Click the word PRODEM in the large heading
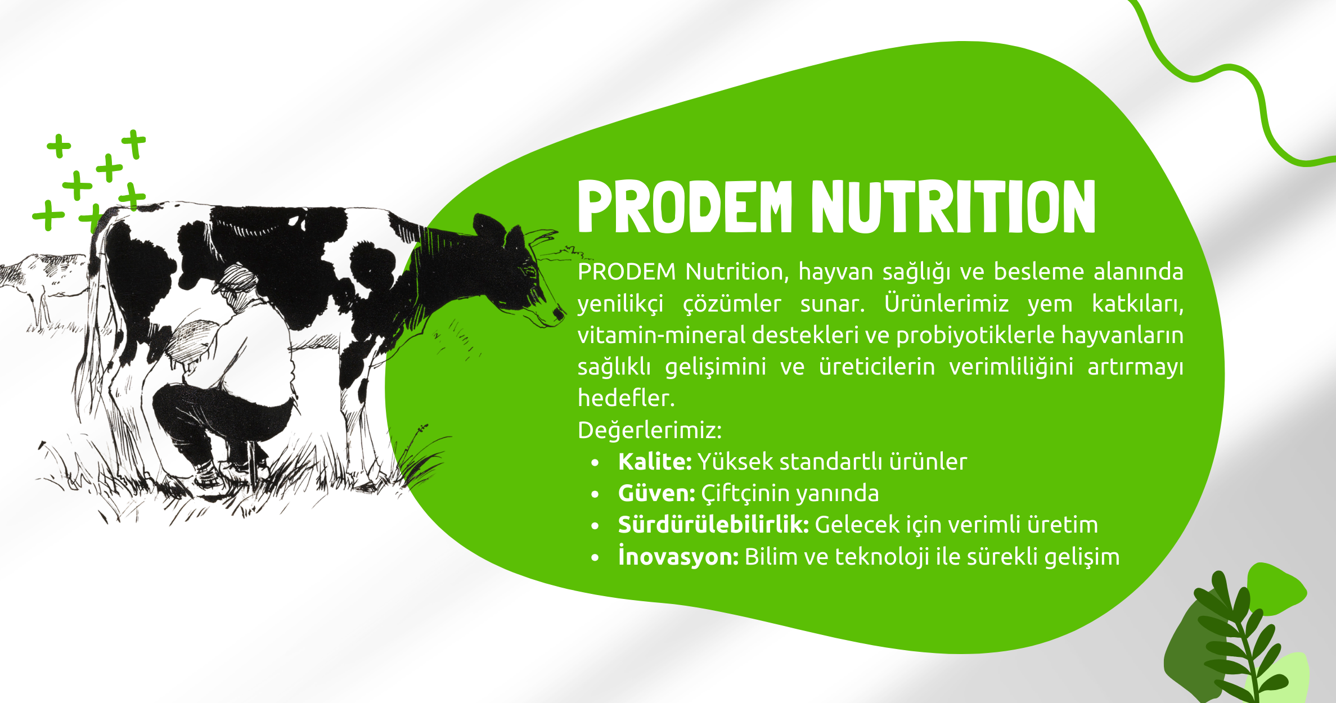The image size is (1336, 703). [685, 206]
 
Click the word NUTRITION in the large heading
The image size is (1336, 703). [953, 206]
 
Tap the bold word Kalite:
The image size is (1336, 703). [655, 462]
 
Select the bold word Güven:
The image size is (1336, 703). [656, 493]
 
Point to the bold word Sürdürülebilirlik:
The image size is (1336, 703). [713, 525]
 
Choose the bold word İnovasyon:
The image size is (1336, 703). [678, 556]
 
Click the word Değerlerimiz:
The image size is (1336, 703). [650, 430]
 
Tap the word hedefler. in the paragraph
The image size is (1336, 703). [626, 398]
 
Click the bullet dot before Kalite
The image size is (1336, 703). [595, 463]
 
